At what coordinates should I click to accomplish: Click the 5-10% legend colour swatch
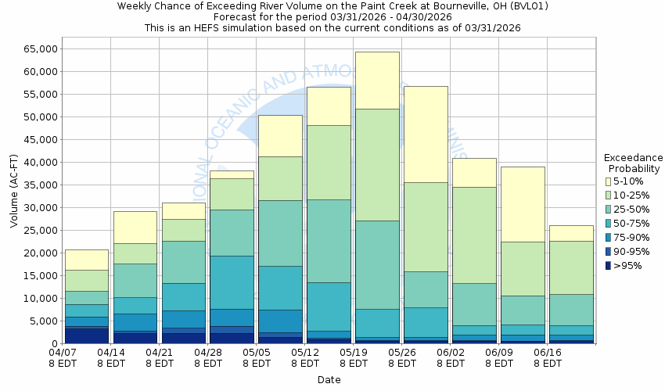pyautogui.click(x=609, y=181)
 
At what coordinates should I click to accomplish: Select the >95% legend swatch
pyautogui.click(x=609, y=265)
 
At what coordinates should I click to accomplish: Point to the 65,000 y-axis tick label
pyautogui.click(x=32, y=48)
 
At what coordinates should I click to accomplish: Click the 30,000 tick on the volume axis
pyautogui.click(x=32, y=208)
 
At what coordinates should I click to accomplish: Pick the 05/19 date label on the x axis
pyautogui.click(x=354, y=357)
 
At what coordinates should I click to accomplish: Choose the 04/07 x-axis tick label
pyautogui.click(x=62, y=357)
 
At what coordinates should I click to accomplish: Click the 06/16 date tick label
pyautogui.click(x=547, y=357)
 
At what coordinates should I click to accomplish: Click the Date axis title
pyautogui.click(x=329, y=379)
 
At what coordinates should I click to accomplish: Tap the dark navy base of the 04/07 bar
pyautogui.click(x=86, y=335)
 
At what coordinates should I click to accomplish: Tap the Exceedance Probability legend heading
pyautogui.click(x=634, y=163)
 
